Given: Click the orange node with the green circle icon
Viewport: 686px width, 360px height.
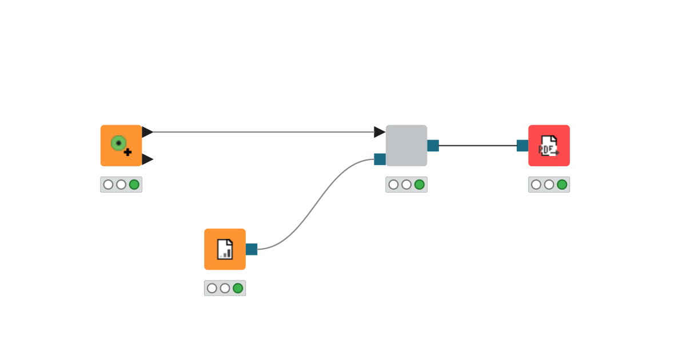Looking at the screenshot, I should coord(121,145).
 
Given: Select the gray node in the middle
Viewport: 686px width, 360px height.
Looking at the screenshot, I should coord(406,145).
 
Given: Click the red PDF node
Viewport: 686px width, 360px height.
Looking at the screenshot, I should coord(549,145).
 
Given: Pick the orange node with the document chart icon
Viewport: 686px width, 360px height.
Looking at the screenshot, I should coord(225,249).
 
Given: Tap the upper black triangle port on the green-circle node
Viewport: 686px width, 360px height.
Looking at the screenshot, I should coord(147,132).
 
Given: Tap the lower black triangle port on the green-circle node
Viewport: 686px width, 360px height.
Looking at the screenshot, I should coord(147,159).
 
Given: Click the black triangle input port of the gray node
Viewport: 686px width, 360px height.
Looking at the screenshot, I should coord(380,132).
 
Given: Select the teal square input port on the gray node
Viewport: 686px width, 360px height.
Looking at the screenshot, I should coord(380,159).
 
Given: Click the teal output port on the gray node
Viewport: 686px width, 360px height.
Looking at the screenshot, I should coord(433,146).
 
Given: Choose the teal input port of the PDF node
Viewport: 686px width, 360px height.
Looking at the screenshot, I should coord(523,146).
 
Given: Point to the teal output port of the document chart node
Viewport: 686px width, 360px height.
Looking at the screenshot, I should coord(252,249).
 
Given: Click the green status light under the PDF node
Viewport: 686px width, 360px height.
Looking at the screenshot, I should coord(562,185).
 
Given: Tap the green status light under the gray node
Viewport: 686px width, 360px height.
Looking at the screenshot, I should coord(419,185).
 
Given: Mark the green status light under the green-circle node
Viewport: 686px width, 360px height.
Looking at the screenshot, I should coord(134,185).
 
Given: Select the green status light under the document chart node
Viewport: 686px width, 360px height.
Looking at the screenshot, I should coord(238,288).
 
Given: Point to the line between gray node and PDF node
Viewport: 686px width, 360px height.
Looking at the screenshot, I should coord(477,146).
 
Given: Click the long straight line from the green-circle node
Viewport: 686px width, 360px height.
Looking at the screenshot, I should coord(263,132).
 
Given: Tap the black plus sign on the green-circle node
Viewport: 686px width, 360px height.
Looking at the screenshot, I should coord(127,152).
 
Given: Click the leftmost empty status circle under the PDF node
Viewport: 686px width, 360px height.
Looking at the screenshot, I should coord(536,185).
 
